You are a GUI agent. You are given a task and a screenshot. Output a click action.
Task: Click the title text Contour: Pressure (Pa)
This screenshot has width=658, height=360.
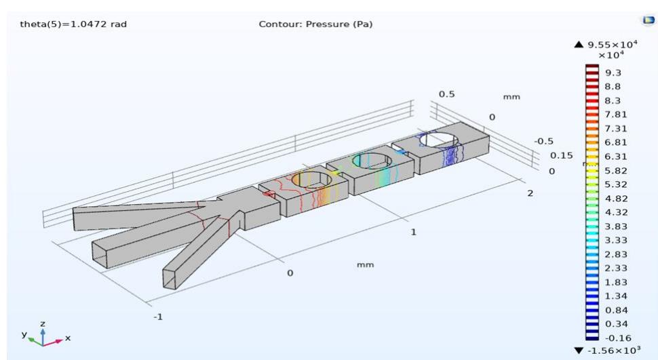point(315,25)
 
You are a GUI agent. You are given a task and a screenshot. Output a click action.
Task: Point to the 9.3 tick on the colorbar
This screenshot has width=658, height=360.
point(613,72)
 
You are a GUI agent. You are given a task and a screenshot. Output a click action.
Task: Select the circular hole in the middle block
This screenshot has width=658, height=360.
point(370,161)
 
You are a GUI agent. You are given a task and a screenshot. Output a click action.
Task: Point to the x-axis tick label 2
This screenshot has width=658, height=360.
point(530,194)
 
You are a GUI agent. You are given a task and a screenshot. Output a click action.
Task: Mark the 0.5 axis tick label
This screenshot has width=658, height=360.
point(446,94)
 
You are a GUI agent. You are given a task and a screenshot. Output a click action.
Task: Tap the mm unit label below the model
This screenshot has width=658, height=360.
point(365,264)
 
